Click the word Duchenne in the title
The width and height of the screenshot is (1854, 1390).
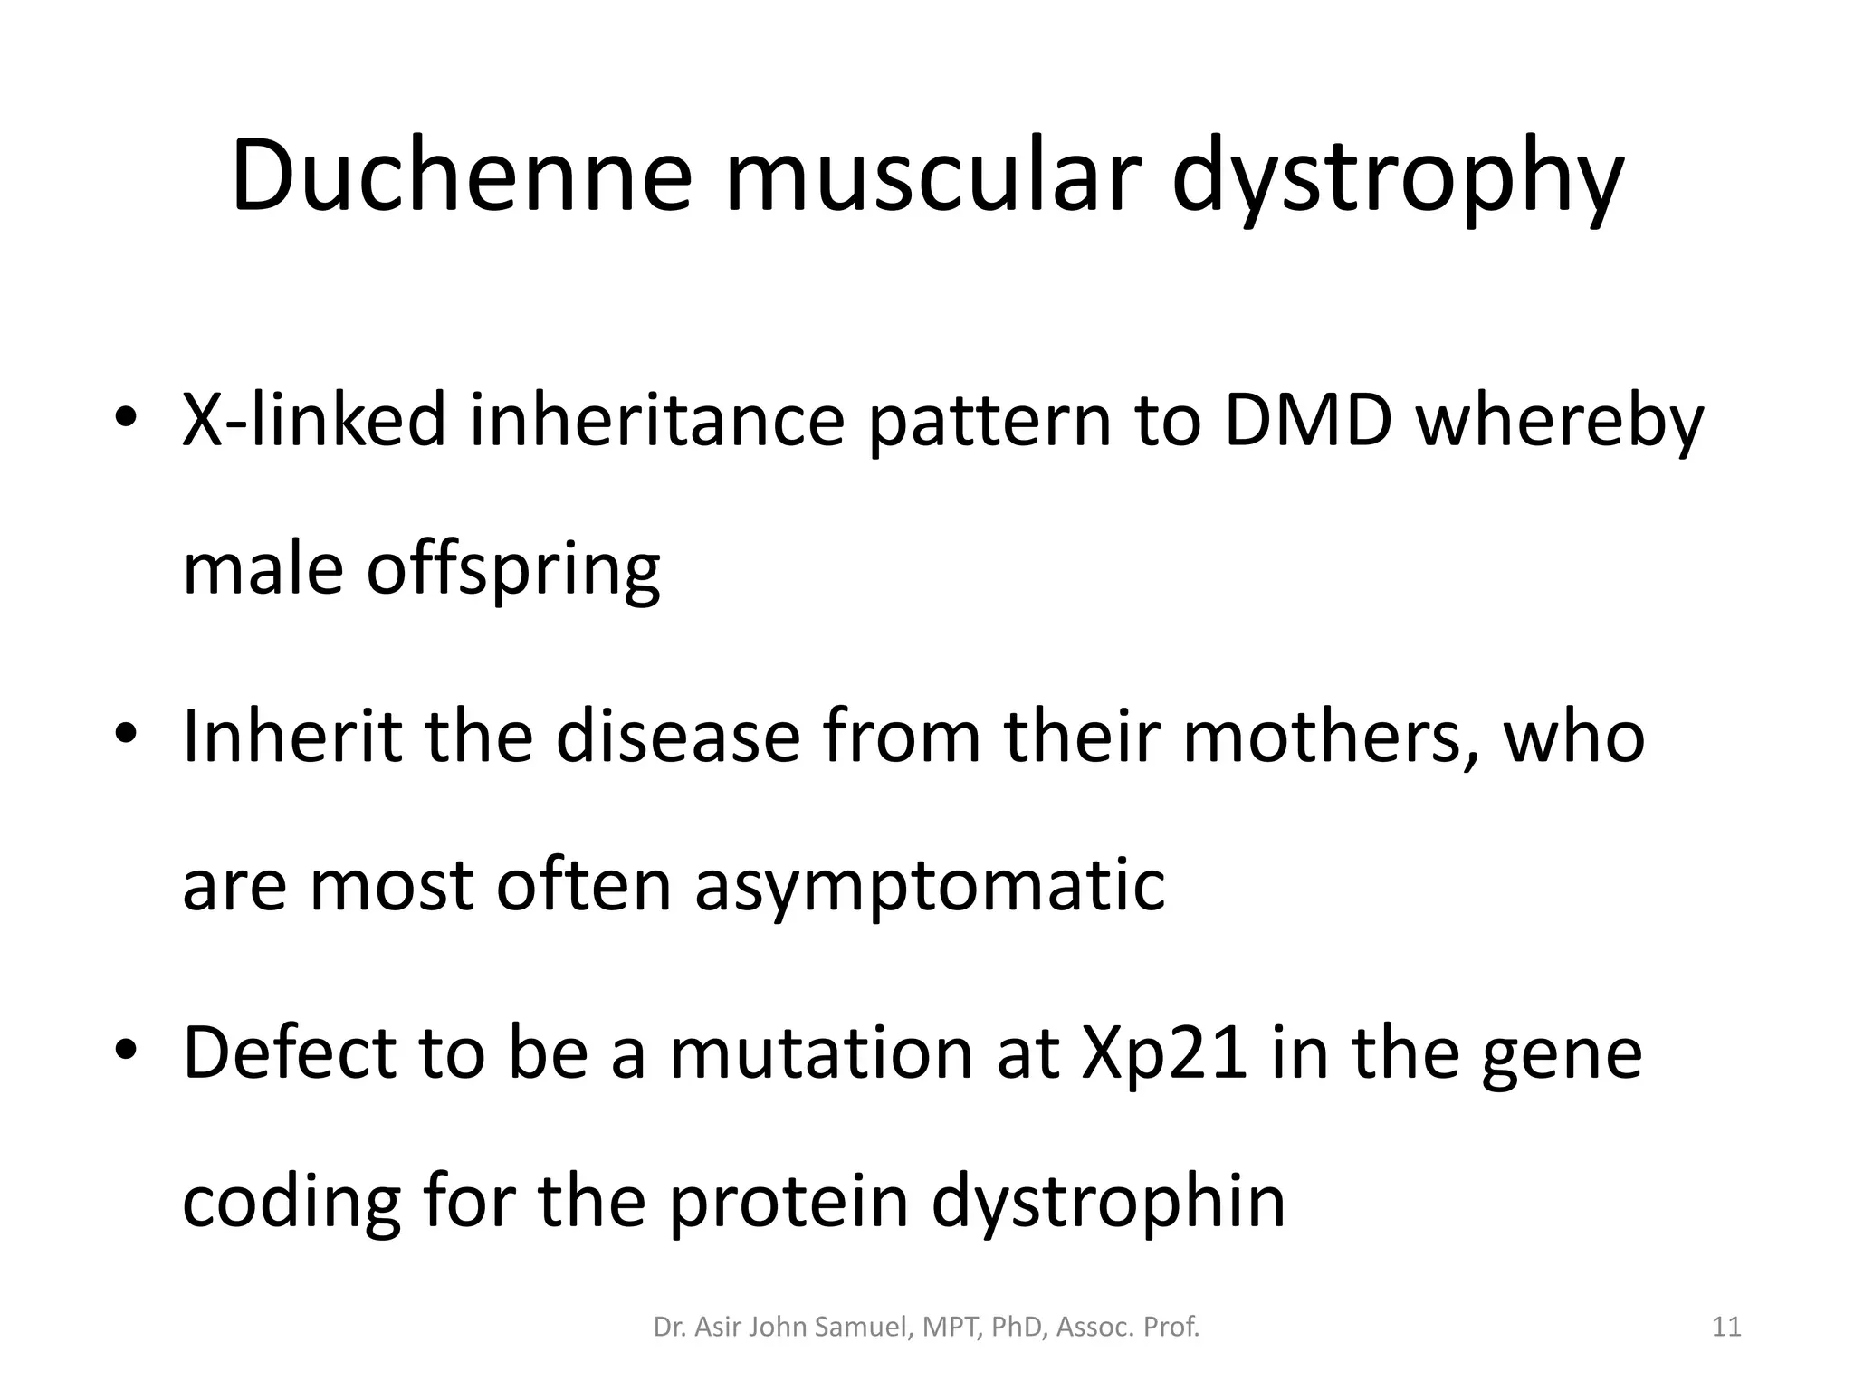coord(462,176)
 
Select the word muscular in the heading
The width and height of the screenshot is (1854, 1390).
coord(928,176)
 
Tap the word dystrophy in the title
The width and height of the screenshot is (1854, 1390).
coord(1398,181)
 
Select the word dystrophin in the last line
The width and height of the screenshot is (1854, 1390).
coord(1108,1204)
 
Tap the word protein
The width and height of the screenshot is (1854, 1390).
coord(788,1204)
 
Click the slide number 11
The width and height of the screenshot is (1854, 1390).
coord(1726,1328)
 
